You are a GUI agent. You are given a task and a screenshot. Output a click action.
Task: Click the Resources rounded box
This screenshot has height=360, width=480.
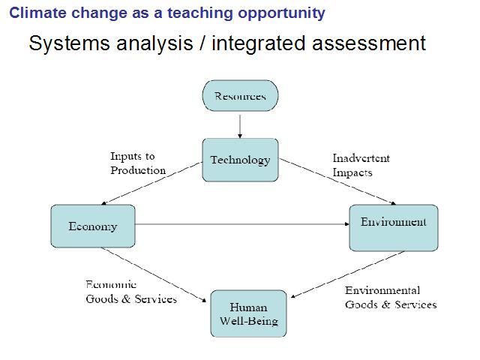(x=240, y=96)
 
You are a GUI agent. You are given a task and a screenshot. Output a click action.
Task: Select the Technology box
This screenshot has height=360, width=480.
(x=240, y=160)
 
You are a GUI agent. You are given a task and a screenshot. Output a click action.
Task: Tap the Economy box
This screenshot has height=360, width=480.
(x=93, y=226)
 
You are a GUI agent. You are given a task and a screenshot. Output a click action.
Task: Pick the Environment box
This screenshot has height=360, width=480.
(x=394, y=228)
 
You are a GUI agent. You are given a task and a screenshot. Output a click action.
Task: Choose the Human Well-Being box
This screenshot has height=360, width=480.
(x=248, y=313)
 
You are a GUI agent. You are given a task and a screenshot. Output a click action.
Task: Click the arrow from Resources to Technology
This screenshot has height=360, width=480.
(x=240, y=127)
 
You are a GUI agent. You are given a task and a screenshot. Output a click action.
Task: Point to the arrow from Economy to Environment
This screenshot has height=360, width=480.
(x=242, y=224)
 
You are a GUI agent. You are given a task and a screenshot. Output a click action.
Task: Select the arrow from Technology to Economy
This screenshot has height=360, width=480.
(x=151, y=183)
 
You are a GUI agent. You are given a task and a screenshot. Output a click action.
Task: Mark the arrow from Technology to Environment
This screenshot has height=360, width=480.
(x=337, y=181)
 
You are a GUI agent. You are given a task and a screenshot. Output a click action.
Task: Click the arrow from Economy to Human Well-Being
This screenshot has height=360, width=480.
(x=154, y=275)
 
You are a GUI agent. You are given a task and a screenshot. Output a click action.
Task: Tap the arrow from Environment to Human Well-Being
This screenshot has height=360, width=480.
(x=348, y=274)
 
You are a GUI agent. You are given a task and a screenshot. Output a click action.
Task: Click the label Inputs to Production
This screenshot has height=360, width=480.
(x=138, y=163)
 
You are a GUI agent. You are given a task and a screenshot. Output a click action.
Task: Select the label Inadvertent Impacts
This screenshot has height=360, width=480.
(x=361, y=165)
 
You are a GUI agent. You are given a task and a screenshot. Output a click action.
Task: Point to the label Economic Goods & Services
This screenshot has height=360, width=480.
(x=131, y=292)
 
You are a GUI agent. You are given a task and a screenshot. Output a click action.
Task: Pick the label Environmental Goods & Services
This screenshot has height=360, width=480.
(x=391, y=297)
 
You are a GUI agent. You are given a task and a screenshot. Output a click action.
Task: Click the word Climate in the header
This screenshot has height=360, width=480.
(x=37, y=13)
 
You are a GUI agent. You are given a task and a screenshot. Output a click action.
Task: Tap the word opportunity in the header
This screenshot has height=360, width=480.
(x=281, y=13)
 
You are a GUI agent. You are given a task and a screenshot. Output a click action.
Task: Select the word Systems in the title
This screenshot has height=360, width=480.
(x=69, y=43)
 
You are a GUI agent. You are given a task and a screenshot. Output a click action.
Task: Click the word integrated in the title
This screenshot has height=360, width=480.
(x=259, y=43)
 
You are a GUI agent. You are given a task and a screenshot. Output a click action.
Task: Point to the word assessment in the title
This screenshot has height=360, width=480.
(x=369, y=43)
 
